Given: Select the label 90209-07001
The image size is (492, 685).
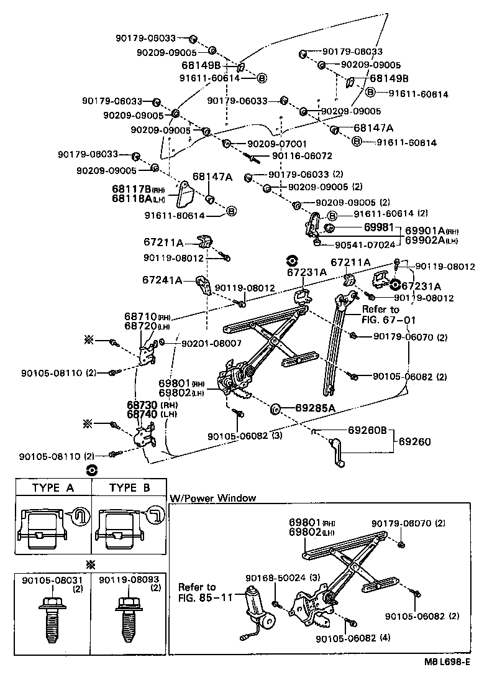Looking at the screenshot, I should click(277, 143).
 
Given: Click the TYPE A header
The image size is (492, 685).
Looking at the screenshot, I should click(53, 488).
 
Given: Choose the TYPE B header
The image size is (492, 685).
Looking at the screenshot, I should click(129, 488).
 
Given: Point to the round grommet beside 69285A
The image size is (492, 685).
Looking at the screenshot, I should click(274, 409).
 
